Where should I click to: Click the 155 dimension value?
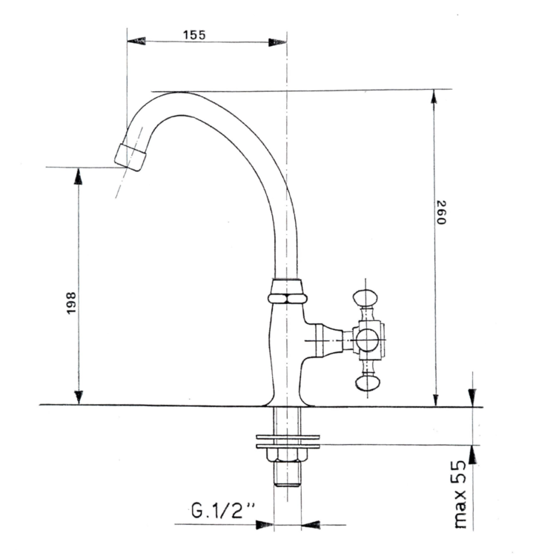[x=194, y=35]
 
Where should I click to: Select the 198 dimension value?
[x=71, y=302]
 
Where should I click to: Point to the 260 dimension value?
[x=441, y=213]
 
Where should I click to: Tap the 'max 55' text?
[x=460, y=494]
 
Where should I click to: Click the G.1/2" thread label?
[x=223, y=511]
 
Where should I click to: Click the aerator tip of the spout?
[x=130, y=157]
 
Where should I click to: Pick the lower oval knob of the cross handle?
[x=368, y=383]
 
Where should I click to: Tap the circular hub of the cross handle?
[x=368, y=340]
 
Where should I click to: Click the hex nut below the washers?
[x=287, y=455]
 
